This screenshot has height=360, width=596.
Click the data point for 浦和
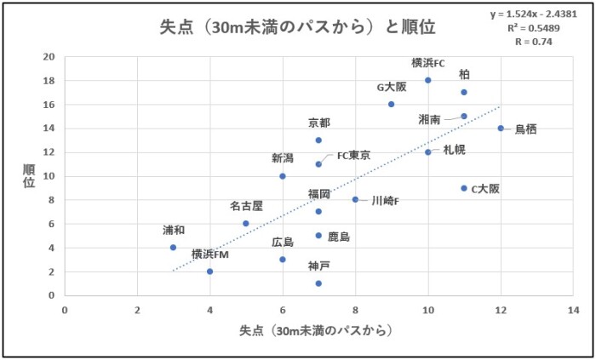[x=173, y=248]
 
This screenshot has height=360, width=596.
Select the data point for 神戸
[x=318, y=283]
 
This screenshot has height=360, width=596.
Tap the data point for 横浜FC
[x=427, y=80]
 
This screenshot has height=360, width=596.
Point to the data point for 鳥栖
[x=501, y=129]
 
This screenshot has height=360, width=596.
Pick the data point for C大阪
[x=464, y=188]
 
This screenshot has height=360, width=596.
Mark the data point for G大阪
[x=391, y=104]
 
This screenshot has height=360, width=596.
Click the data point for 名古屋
[x=246, y=224]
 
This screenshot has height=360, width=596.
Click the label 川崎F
[x=385, y=201]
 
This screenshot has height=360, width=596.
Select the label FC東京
[x=353, y=156]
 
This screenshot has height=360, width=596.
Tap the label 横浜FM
[x=209, y=254]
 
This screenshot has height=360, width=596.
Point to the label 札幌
[x=455, y=149]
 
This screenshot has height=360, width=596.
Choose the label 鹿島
[x=340, y=237]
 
